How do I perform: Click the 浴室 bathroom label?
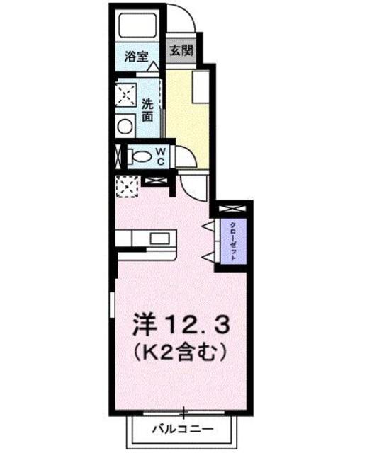tap(136, 57)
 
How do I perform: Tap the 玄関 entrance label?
tap(181, 50)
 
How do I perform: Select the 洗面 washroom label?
tap(147, 110)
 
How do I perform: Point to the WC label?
tap(161, 156)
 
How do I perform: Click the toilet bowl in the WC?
tap(140, 157)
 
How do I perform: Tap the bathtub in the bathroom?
tap(137, 26)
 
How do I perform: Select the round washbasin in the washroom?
tap(125, 126)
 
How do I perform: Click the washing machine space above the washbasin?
tap(125, 94)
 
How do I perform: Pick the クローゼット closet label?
tap(234, 241)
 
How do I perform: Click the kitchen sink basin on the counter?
tap(159, 239)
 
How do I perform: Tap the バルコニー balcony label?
tap(183, 429)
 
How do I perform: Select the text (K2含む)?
tap(179, 352)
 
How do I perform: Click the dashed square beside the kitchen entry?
tap(127, 187)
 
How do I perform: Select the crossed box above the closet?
tap(232, 209)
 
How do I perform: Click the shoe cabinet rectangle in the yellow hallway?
tap(201, 86)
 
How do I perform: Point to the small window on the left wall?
tap(112, 305)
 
